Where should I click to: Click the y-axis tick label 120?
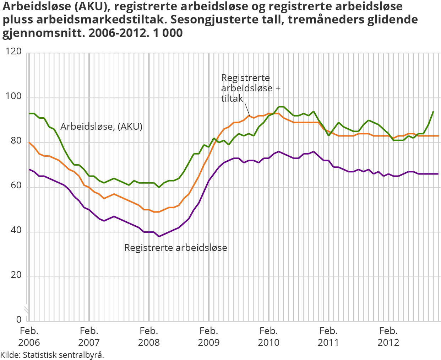(x=13, y=52)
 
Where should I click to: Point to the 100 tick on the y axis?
(x=13, y=97)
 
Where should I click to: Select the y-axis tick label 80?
(x=16, y=141)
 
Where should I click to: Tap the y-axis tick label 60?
(x=16, y=186)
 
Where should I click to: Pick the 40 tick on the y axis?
(x=16, y=231)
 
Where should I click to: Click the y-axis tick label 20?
(x=16, y=275)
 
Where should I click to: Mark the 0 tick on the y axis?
(x=19, y=320)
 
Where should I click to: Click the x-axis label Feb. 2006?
(x=29, y=337)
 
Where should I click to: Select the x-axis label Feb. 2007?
(x=89, y=337)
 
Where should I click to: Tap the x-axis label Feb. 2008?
(x=149, y=337)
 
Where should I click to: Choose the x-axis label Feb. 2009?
(x=209, y=337)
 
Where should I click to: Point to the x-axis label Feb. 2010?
(x=268, y=337)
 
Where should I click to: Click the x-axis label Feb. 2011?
(x=328, y=337)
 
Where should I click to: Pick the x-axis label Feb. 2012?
(x=388, y=337)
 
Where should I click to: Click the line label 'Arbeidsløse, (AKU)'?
(x=101, y=127)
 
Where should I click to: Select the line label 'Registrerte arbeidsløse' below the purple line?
(x=175, y=248)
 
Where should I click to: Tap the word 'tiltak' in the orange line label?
(x=232, y=99)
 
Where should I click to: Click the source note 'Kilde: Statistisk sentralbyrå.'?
(x=52, y=355)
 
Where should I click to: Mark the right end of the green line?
(x=433, y=112)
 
